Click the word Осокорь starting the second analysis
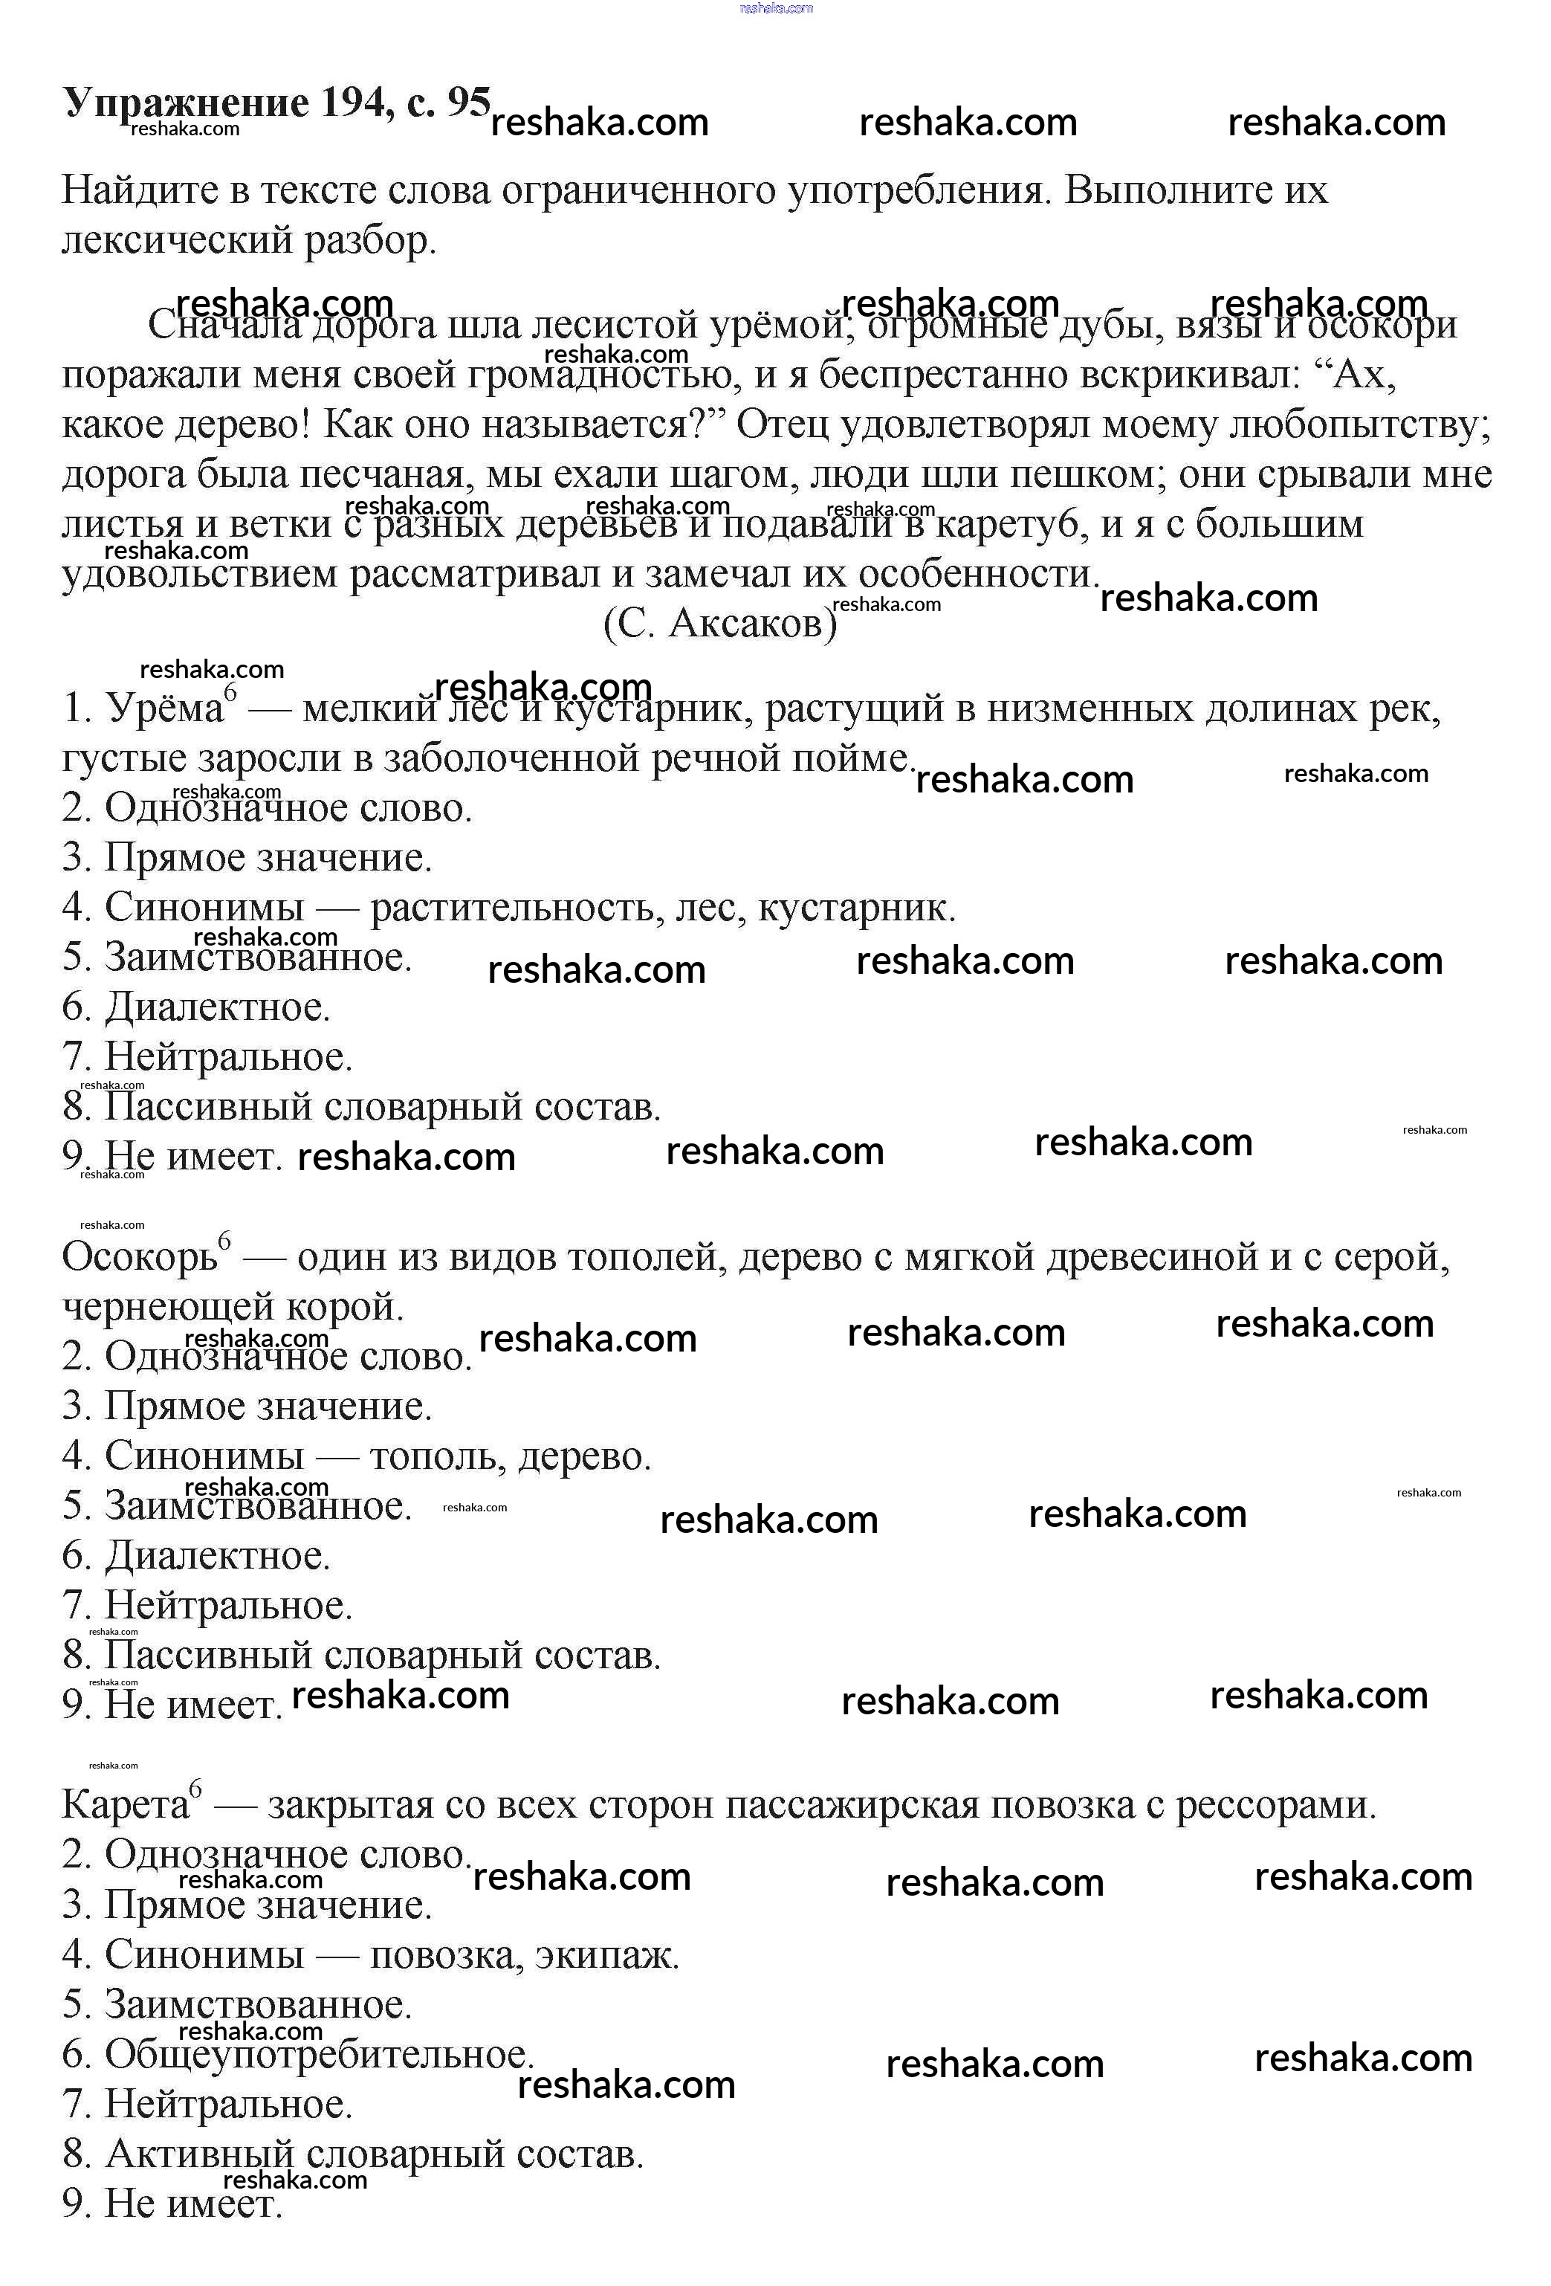click(139, 1257)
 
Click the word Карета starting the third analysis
click(124, 1805)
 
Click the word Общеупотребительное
click(317, 2054)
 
